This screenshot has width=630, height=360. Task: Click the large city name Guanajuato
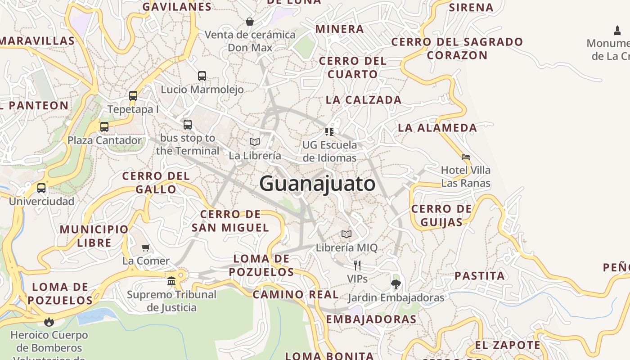pyautogui.click(x=317, y=184)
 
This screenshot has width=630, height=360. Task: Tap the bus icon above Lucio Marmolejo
pyautogui.click(x=202, y=76)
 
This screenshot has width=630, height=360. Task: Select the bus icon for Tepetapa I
pyautogui.click(x=133, y=96)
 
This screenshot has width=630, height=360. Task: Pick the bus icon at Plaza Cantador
pyautogui.click(x=104, y=127)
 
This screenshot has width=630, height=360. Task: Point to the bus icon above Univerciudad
pyautogui.click(x=41, y=188)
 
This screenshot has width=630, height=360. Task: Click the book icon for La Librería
pyautogui.click(x=255, y=142)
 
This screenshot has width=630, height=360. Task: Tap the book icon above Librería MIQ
pyautogui.click(x=346, y=234)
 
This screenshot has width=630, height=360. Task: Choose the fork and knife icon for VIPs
pyautogui.click(x=357, y=265)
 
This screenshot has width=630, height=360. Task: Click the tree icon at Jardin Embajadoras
pyautogui.click(x=396, y=284)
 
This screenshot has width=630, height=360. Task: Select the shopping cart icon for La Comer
pyautogui.click(x=146, y=247)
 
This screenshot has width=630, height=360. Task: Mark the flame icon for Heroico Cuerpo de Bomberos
pyautogui.click(x=49, y=322)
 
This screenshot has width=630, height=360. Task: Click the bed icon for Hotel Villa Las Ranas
pyautogui.click(x=466, y=157)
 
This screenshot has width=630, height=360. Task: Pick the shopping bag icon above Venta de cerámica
pyautogui.click(x=250, y=22)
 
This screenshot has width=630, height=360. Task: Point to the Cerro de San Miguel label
pyautogui.click(x=230, y=221)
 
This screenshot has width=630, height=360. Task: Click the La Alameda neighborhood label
pyautogui.click(x=437, y=128)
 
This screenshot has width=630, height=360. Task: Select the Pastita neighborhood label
pyautogui.click(x=480, y=276)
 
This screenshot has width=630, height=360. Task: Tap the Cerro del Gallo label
pyautogui.click(x=156, y=182)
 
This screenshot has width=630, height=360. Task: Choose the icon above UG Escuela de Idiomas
pyautogui.click(x=329, y=132)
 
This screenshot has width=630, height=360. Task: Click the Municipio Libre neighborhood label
pyautogui.click(x=94, y=236)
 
